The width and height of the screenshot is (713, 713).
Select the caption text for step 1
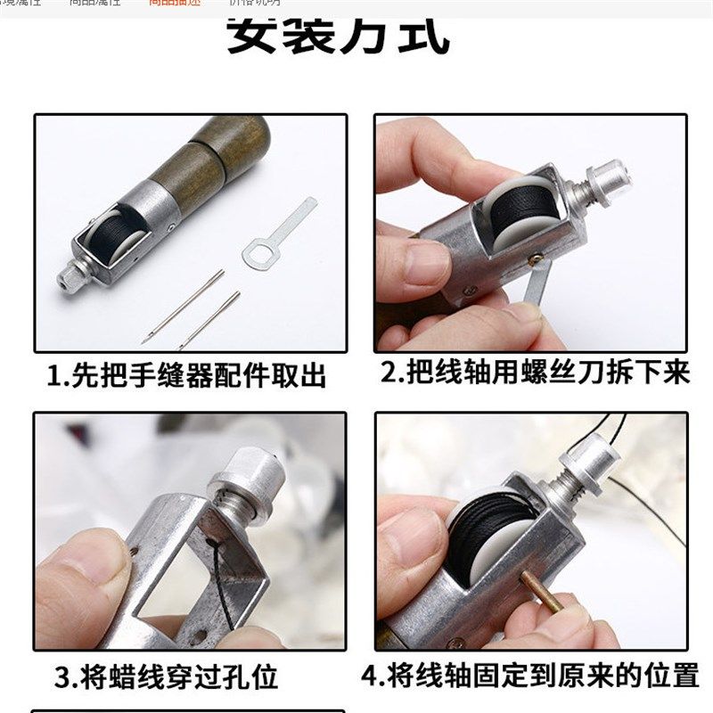[186, 375]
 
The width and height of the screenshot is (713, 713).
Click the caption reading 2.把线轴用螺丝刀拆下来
[535, 372]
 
